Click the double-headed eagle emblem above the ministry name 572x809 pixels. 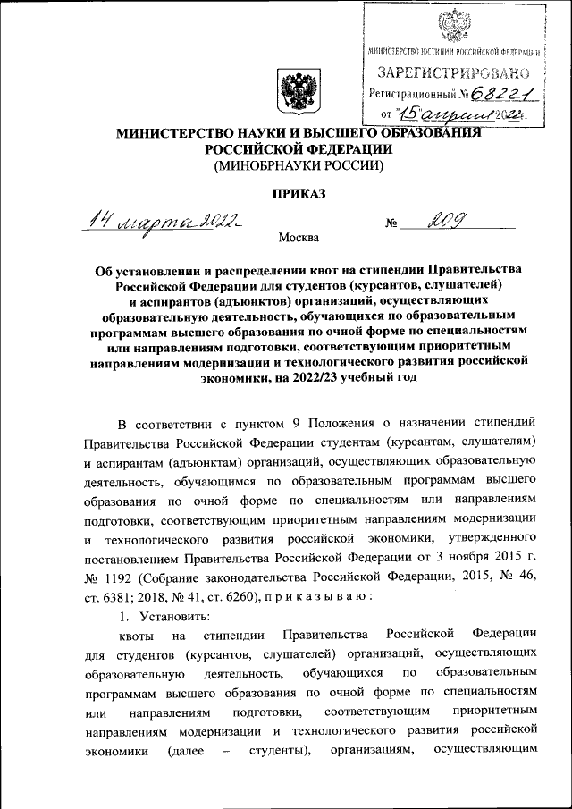point(295,91)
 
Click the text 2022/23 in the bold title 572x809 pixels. point(374,378)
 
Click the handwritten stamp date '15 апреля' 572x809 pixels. point(432,114)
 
